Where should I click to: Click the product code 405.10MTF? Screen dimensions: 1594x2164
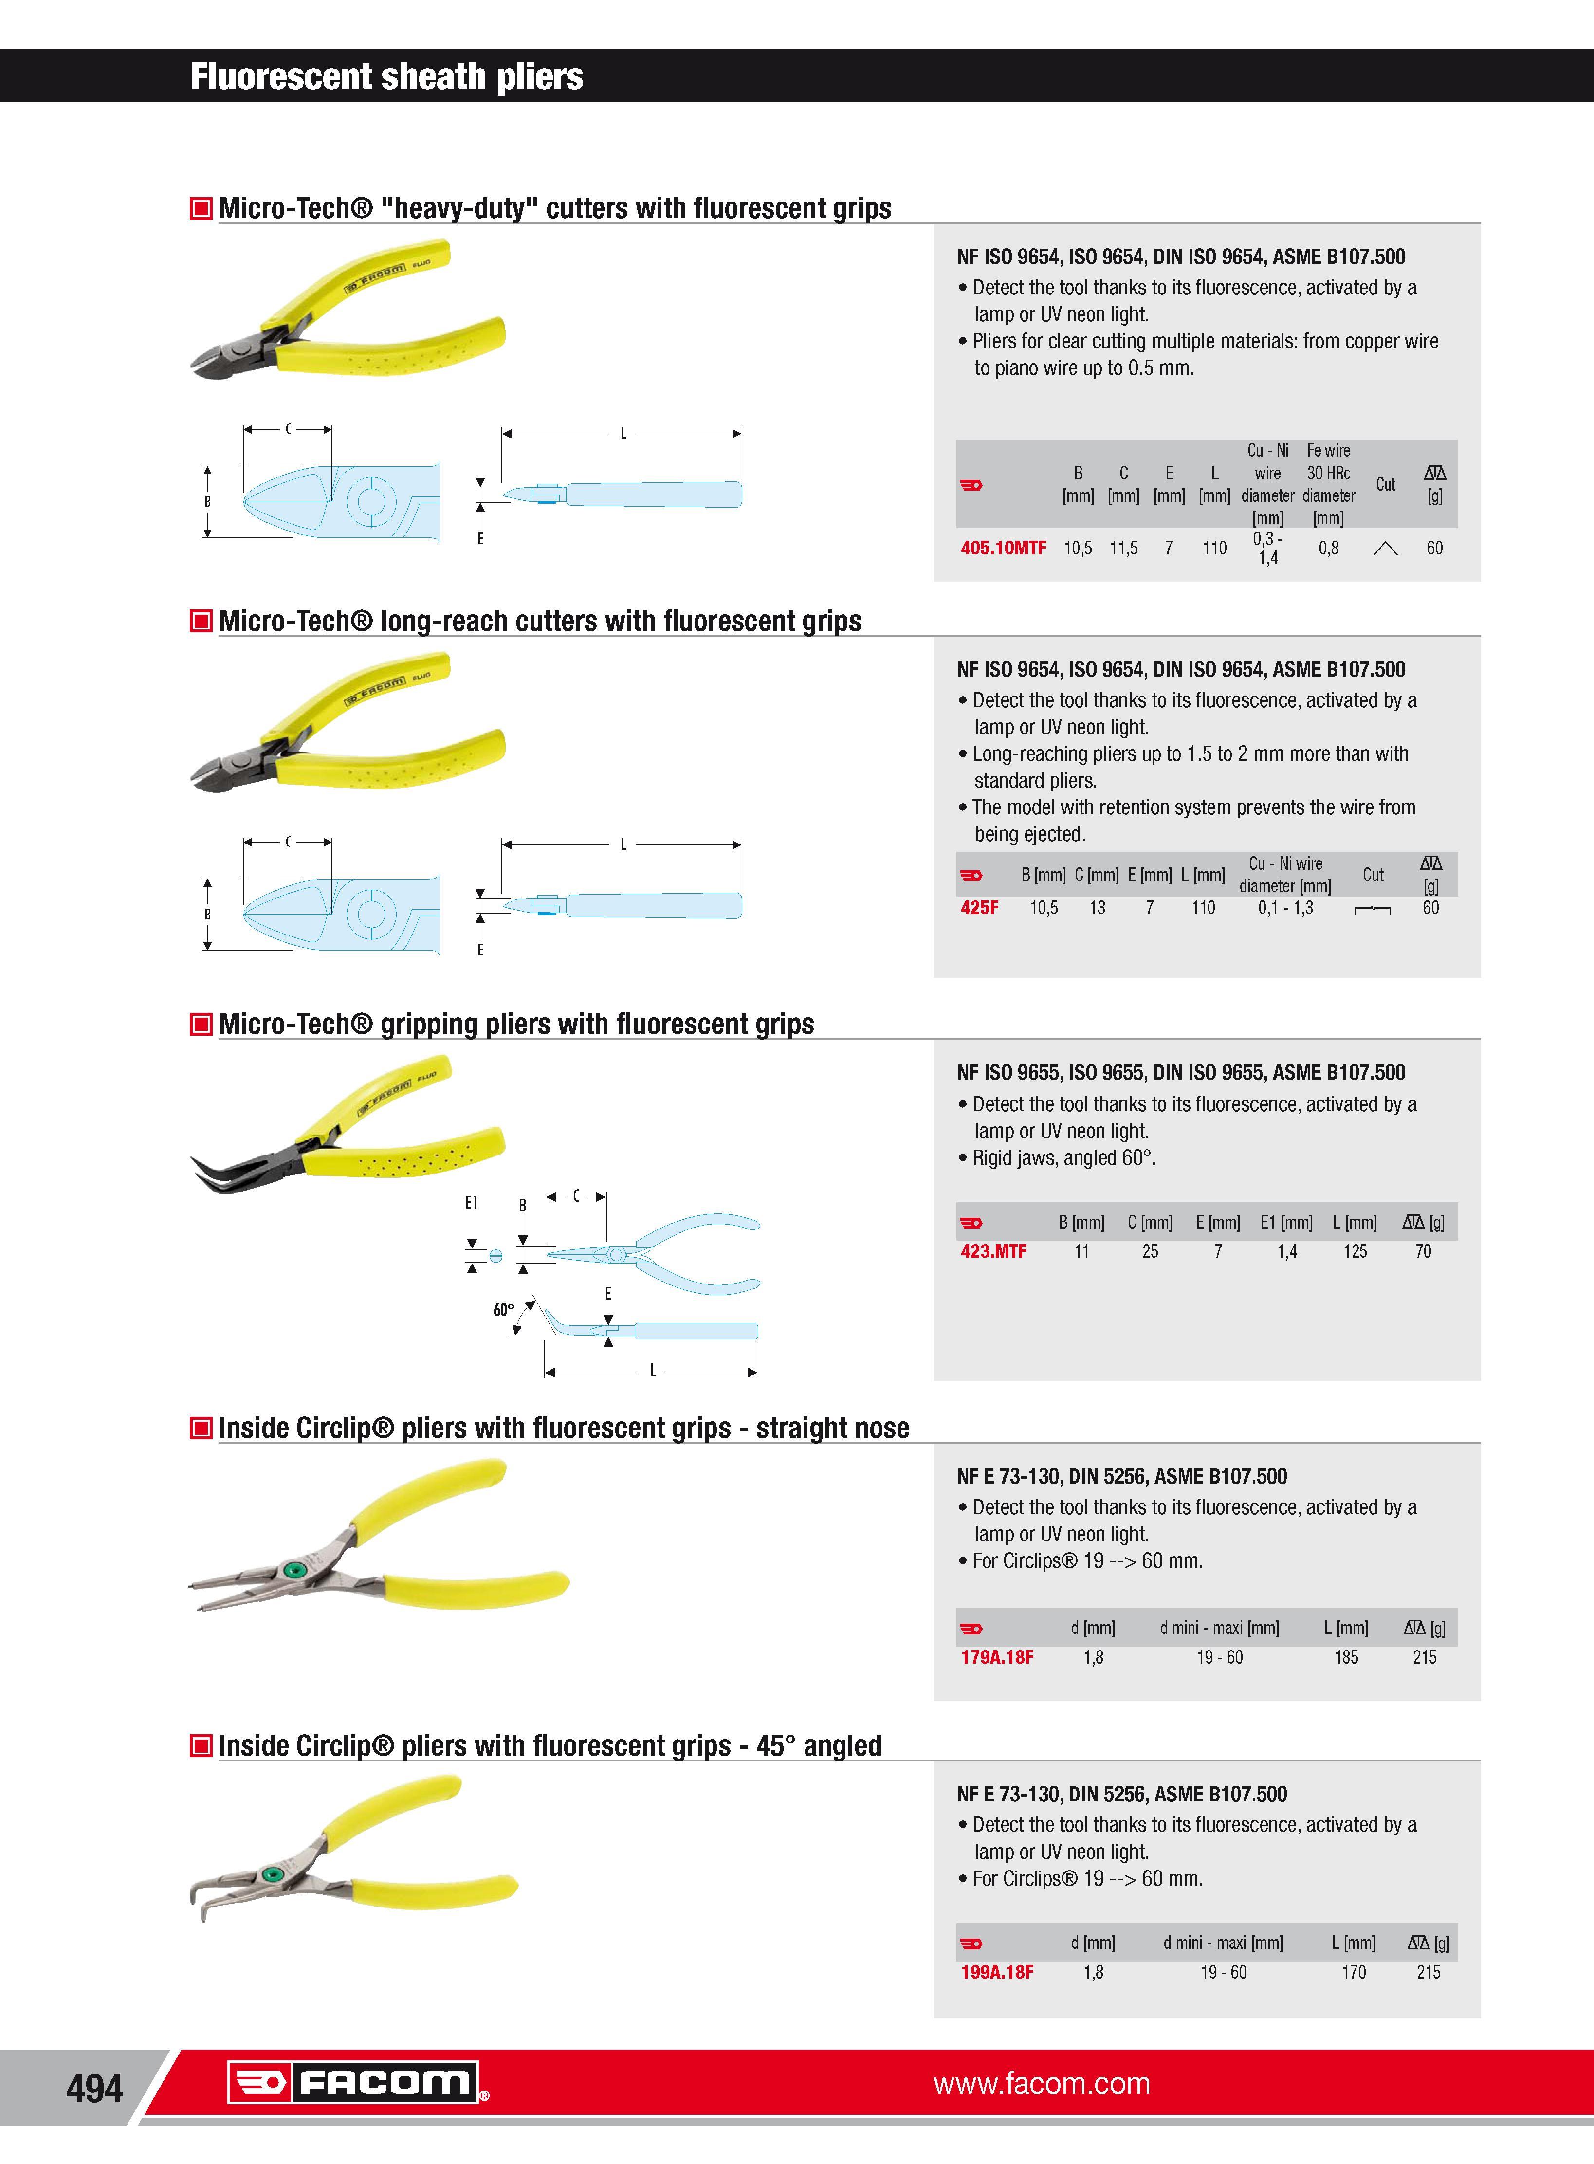pos(1003,548)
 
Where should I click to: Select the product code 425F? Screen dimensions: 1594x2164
pos(979,908)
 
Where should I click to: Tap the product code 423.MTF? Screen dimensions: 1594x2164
pos(993,1251)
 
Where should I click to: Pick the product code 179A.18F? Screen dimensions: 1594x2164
pos(997,1657)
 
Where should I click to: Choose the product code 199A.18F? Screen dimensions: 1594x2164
pos(997,1973)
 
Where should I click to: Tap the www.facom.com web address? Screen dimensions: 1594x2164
pos(1041,2084)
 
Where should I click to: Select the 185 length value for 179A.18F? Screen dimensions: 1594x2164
pos(1346,1657)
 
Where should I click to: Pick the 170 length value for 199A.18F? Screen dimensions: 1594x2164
pos(1354,1973)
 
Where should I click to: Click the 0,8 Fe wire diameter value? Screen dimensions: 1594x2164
pos(1329,548)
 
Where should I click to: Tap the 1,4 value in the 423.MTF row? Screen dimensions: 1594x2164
pos(1287,1251)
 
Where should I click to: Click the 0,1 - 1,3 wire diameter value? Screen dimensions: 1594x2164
pos(1285,908)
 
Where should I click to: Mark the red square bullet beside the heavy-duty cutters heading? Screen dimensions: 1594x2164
pos(201,208)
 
